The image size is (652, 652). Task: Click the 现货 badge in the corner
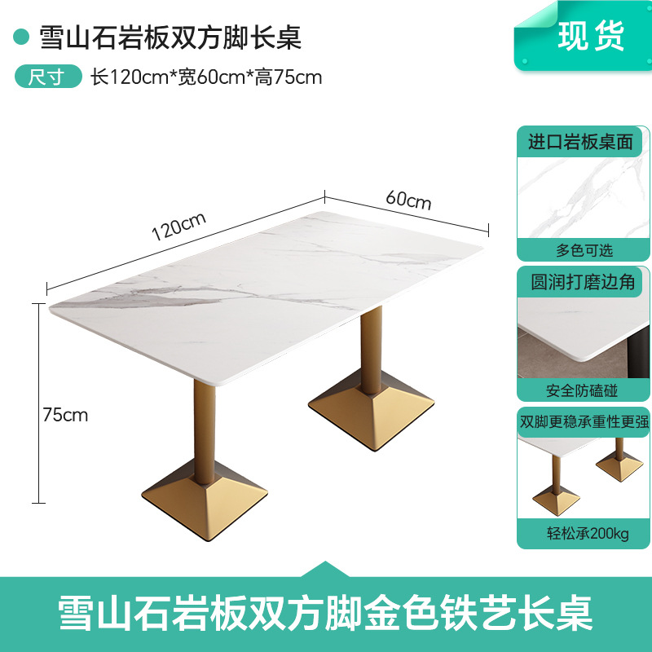point(592,35)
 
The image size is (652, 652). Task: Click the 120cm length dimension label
point(178,226)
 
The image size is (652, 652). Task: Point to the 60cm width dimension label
point(408,199)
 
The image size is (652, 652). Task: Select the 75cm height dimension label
point(65,415)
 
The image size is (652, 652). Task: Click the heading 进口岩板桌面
point(580,142)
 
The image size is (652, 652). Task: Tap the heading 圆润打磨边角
point(582,282)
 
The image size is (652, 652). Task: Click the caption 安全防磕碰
point(582,390)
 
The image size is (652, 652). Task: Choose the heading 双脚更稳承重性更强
point(584,422)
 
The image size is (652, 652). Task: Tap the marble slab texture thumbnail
point(583,197)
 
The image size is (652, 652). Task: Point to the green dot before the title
point(22,37)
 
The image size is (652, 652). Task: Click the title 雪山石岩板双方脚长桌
point(160,37)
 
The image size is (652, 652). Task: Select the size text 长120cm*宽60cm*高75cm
point(206,78)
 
